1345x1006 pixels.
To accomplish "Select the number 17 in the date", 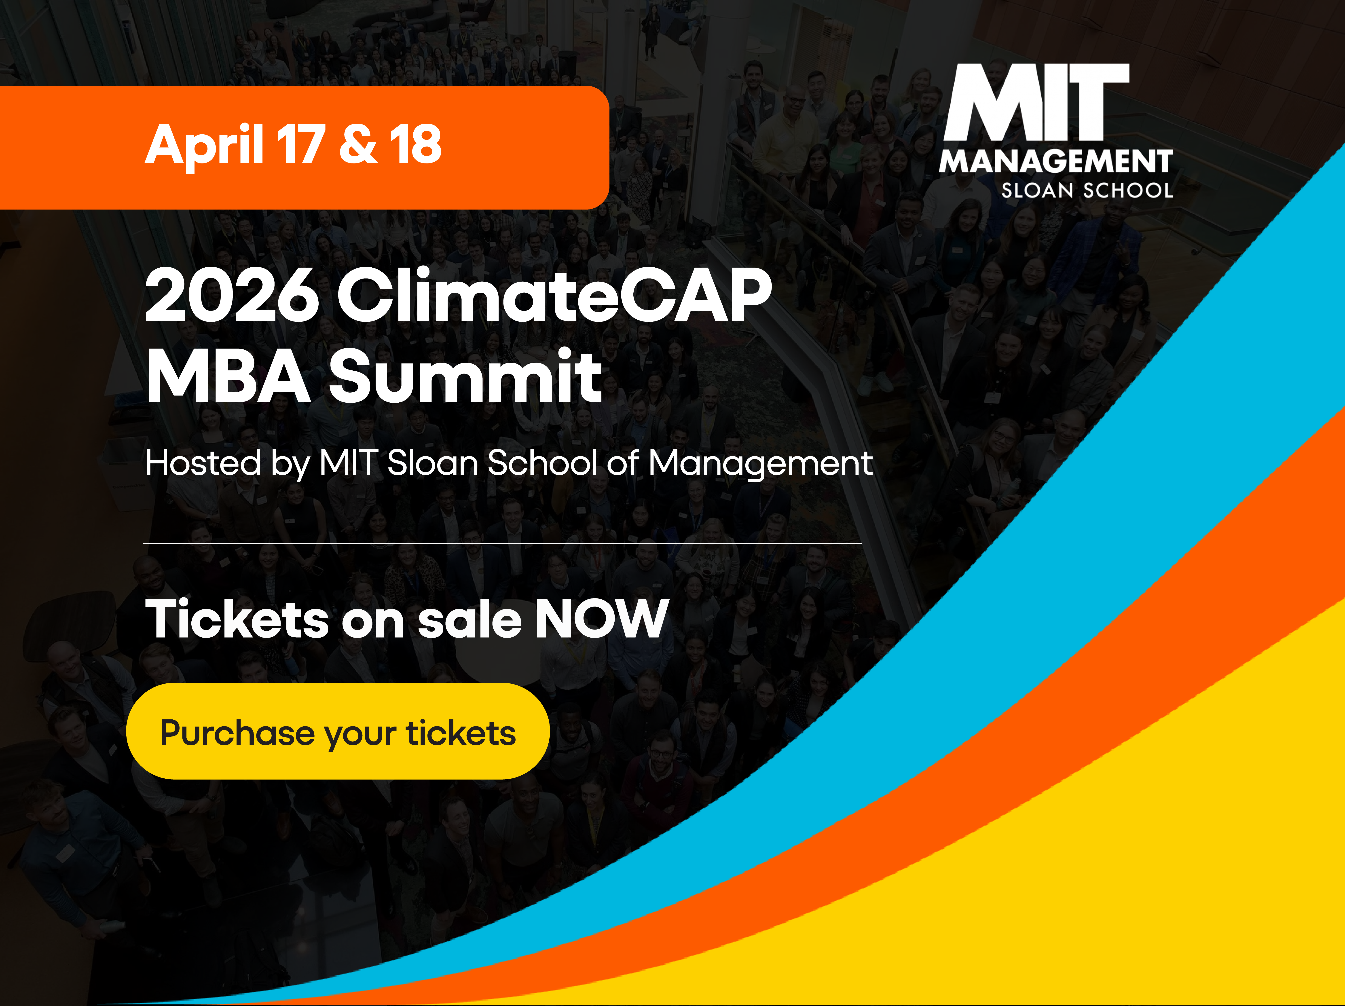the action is tap(300, 145).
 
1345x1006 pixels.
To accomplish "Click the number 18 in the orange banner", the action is tap(416, 145).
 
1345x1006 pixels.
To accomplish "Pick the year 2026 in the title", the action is tap(232, 296).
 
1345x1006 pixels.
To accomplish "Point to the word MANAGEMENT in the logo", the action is tap(1055, 162).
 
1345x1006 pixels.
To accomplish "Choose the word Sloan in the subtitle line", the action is tap(433, 463).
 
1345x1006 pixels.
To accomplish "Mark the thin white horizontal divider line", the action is tap(502, 543).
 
